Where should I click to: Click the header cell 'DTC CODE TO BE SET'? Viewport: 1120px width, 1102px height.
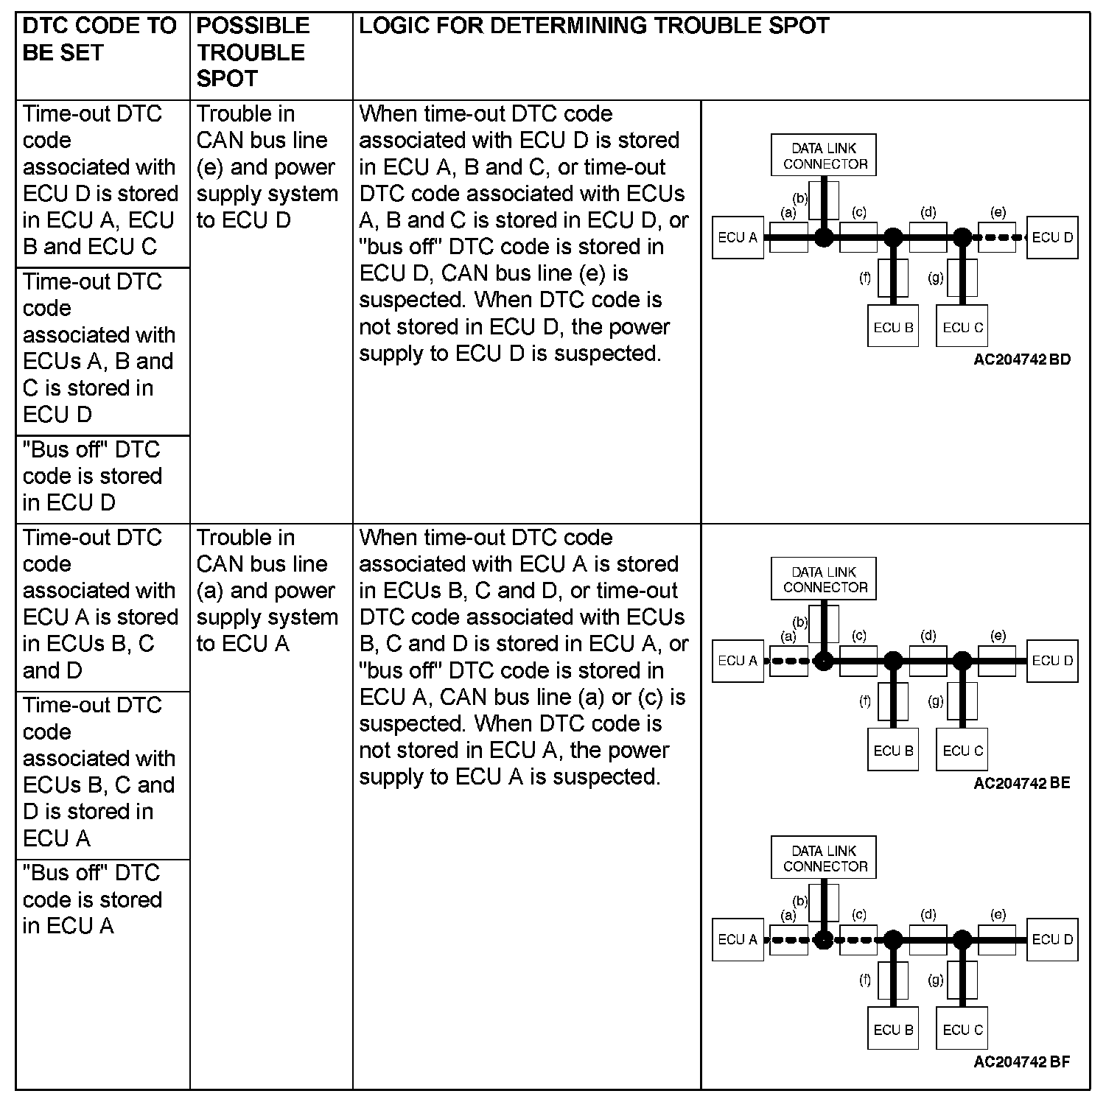(x=100, y=40)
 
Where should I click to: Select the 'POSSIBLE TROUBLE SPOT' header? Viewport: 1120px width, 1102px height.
(x=252, y=52)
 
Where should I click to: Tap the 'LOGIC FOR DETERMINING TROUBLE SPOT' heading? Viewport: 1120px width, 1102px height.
(x=594, y=27)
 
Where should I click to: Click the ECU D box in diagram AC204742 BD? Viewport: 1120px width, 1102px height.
(x=1052, y=237)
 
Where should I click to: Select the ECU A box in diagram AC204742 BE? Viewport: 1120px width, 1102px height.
(x=738, y=661)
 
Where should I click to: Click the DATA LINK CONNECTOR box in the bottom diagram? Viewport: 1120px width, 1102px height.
(x=824, y=858)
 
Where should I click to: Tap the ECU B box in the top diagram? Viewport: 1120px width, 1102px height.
(x=893, y=327)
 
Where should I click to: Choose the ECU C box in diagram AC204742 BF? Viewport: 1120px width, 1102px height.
(x=962, y=1030)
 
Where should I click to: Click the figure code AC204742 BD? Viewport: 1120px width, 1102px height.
(x=1021, y=360)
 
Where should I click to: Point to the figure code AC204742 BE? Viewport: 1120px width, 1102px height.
(x=1021, y=783)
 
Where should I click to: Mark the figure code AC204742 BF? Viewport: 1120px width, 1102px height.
(x=1021, y=1062)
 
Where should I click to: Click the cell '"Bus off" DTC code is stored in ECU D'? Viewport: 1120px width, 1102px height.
(x=92, y=476)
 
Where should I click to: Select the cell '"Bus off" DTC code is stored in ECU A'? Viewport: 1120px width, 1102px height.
(x=92, y=899)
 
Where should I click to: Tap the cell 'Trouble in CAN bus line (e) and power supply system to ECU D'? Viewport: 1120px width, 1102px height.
(x=267, y=167)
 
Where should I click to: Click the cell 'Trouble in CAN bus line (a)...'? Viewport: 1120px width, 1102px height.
(x=267, y=591)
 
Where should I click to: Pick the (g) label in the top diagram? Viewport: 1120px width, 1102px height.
(x=936, y=278)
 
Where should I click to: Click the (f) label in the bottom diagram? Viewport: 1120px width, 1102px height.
(x=865, y=980)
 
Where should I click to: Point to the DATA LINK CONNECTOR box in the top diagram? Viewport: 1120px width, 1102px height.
(x=824, y=155)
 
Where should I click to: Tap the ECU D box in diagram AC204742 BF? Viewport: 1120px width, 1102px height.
(x=1052, y=939)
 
